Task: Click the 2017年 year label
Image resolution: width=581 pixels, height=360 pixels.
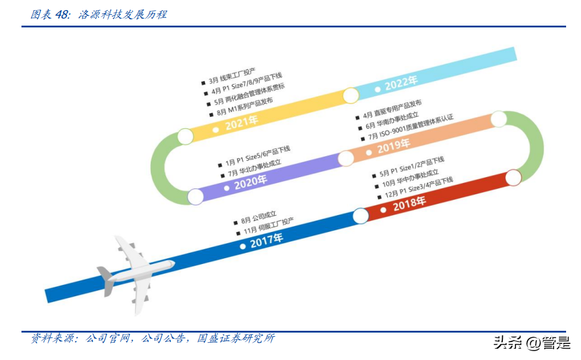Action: click(266, 241)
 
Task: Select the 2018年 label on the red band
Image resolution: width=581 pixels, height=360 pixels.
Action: click(409, 203)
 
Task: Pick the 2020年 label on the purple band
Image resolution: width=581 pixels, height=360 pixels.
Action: click(250, 182)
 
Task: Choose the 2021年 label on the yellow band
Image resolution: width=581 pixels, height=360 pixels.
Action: click(241, 123)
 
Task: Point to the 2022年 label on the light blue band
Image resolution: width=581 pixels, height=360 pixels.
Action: click(401, 83)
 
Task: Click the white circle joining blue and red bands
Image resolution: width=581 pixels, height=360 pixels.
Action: click(361, 216)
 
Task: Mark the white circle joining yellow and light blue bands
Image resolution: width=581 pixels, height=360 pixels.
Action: click(350, 95)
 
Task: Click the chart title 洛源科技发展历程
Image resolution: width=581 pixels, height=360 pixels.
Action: click(123, 14)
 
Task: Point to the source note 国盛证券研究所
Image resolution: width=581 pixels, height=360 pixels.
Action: click(236, 338)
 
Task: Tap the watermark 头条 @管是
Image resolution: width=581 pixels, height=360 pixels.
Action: click(532, 342)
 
